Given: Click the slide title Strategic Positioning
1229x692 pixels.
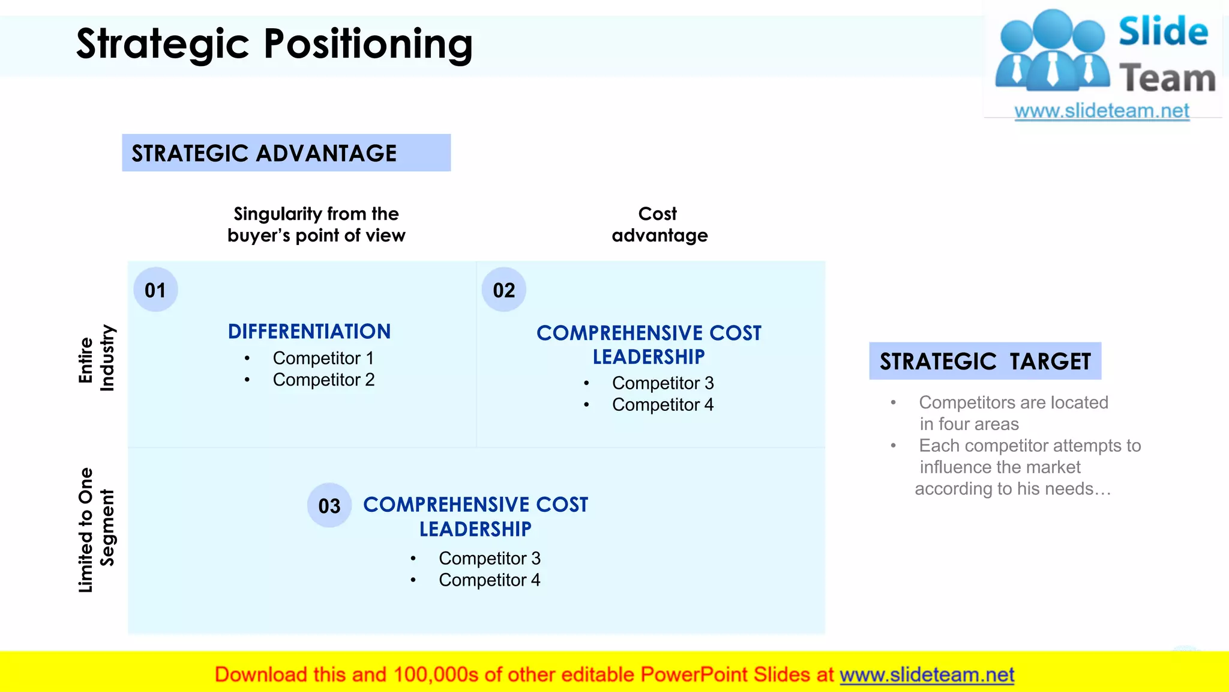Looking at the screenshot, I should point(274,44).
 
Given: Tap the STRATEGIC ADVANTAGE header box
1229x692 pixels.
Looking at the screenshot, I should point(286,153).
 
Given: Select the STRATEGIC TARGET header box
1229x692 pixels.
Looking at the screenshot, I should point(985,361).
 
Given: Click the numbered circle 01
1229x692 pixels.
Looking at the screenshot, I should point(155,290).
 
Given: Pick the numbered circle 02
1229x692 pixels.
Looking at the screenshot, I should point(504,290).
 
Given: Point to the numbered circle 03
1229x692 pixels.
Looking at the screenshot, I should point(329,506).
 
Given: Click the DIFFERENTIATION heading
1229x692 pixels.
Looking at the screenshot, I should point(309,332).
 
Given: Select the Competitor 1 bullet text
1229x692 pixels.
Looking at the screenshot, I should point(323,358).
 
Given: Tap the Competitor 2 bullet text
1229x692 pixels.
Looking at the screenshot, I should point(323,380).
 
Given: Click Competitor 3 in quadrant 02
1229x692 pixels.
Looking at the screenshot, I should point(663,383).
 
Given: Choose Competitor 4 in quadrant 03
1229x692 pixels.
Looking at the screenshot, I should point(489,580).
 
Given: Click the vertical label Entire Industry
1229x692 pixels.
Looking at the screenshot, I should point(96,359).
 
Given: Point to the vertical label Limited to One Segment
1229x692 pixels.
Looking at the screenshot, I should point(96,530).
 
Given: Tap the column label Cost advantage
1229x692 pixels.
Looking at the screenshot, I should point(659,225).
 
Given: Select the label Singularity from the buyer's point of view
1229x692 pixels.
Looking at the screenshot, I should point(316,225).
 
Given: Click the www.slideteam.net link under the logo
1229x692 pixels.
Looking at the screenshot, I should point(1101,111).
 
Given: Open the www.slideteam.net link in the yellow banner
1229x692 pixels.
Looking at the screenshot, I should point(927,675).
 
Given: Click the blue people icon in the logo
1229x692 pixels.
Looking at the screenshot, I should point(1052,52).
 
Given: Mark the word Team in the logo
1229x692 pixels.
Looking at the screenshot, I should point(1167,79).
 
